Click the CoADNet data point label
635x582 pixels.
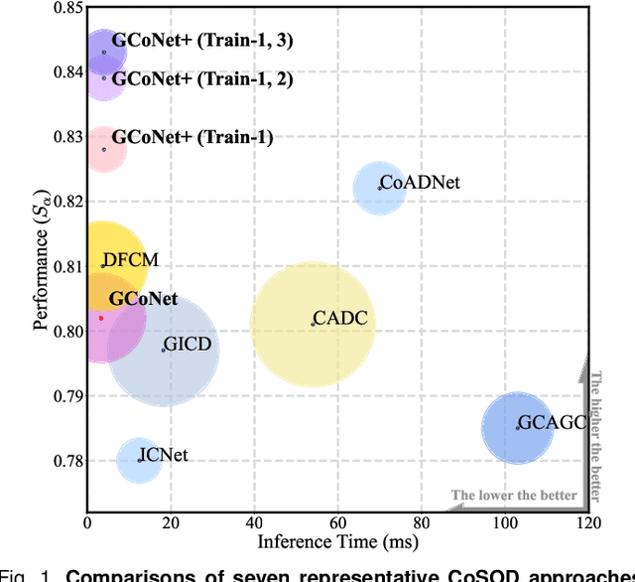[421, 183]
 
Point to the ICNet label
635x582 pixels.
[164, 456]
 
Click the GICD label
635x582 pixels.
[189, 346]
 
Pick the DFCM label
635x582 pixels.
[130, 261]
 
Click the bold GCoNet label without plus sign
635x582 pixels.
[143, 298]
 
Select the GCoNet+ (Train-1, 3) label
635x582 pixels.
[201, 42]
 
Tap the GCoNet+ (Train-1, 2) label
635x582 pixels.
[201, 79]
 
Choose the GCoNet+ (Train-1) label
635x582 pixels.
[191, 138]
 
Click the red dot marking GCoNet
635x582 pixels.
[100, 318]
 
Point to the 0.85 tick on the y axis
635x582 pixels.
[66, 8]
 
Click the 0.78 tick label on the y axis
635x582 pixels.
[66, 461]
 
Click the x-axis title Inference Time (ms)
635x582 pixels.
[337, 542]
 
